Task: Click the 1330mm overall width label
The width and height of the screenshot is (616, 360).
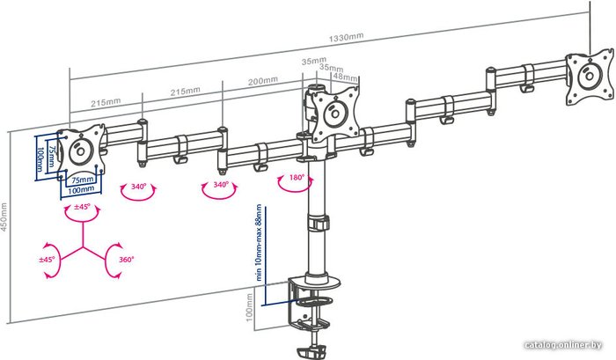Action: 346,37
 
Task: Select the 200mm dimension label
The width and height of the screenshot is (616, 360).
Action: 263,81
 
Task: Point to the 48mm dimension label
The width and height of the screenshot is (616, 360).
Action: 346,77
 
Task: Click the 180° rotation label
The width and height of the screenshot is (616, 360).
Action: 297,178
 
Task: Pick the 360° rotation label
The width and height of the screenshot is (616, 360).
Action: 126,260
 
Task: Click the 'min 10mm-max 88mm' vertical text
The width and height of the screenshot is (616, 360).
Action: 259,242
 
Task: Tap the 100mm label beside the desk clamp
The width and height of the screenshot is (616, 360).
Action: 249,307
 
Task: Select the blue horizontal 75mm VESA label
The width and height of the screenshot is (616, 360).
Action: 82,180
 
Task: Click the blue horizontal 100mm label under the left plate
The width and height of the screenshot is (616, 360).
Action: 81,189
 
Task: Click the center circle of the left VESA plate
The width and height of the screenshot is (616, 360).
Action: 80,151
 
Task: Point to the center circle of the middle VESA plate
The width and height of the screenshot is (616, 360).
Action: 335,114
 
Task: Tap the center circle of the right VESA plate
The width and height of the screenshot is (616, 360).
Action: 589,76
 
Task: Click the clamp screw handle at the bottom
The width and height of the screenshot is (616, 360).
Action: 312,349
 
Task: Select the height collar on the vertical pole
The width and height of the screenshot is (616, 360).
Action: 319,223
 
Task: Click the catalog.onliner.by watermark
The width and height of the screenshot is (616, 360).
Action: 562,345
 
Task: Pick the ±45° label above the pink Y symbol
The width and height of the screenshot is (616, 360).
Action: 82,207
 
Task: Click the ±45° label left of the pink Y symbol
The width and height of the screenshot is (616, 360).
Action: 48,260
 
